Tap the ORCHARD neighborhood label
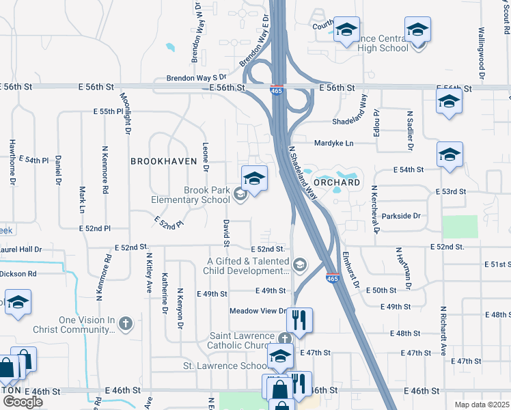click(x=336, y=183)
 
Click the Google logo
click(x=23, y=402)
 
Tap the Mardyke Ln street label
click(x=334, y=143)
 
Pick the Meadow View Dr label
click(x=258, y=311)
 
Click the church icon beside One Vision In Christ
click(x=125, y=323)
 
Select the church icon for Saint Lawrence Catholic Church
click(x=286, y=338)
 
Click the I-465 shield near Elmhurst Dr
click(x=333, y=279)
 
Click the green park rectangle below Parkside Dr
click(x=460, y=226)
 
